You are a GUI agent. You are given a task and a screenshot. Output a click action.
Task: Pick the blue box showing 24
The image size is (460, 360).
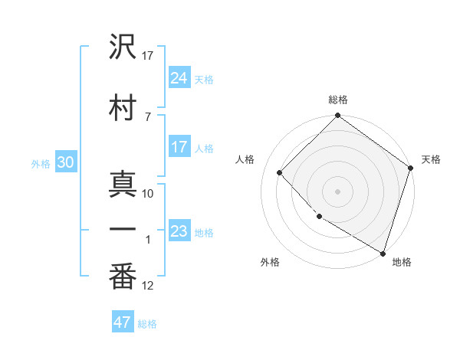tap(179, 77)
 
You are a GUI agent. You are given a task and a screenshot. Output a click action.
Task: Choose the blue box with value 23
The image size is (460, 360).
tap(179, 231)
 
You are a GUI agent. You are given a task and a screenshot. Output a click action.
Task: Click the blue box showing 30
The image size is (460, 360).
tap(66, 162)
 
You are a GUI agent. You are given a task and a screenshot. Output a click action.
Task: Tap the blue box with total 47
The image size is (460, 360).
tap(123, 322)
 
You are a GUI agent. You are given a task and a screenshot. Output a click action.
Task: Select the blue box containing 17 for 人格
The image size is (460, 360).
tap(179, 147)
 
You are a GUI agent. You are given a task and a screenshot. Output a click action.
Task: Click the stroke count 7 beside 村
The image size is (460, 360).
tap(147, 116)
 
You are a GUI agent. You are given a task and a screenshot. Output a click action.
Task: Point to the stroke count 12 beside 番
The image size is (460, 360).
tap(148, 286)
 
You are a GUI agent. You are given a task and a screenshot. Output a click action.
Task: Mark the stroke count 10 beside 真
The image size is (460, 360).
tap(148, 194)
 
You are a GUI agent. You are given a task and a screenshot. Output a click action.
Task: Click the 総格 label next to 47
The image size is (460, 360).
tap(147, 324)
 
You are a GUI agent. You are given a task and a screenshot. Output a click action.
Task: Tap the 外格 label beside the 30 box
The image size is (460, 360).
tap(41, 163)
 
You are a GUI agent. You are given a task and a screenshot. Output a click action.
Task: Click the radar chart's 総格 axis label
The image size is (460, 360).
tap(338, 100)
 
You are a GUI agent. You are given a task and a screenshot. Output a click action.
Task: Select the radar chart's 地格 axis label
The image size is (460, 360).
tap(402, 263)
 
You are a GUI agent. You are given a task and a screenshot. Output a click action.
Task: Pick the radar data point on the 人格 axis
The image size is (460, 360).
tap(280, 173)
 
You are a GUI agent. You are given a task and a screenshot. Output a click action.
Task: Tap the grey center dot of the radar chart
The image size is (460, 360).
tap(337, 191)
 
